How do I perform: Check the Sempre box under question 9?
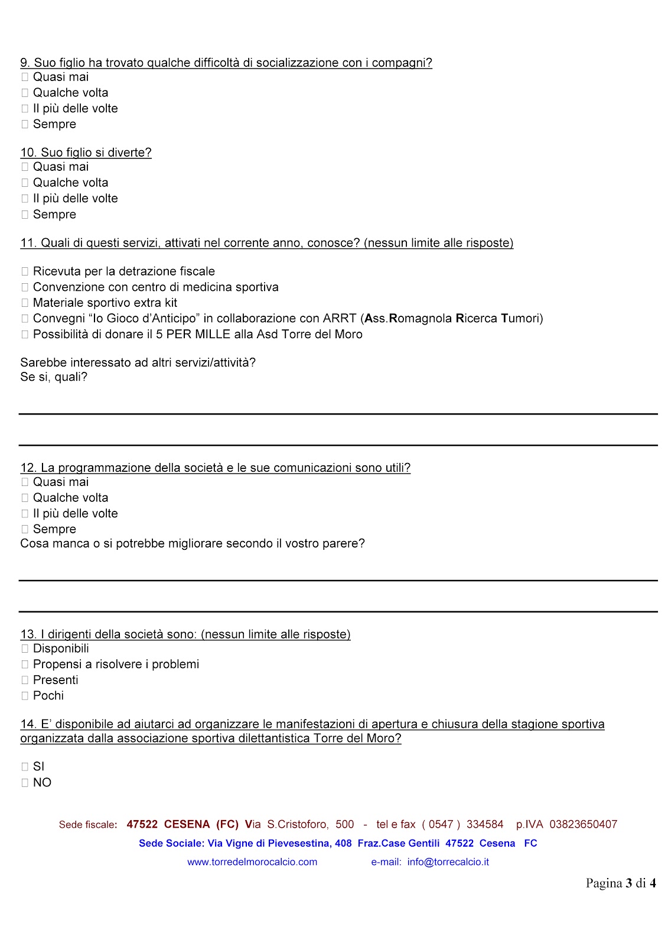pos(25,124)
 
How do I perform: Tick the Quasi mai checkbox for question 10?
pos(25,167)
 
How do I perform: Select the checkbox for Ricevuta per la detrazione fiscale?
pos(25,271)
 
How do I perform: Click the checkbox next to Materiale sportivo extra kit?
pos(25,303)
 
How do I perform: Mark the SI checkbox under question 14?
pos(25,767)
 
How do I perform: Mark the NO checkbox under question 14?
pos(25,783)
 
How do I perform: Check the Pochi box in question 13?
pos(25,696)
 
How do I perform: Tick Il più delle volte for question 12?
pos(25,514)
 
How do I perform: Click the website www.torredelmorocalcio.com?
pos(252,862)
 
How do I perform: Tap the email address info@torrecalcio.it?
pos(448,862)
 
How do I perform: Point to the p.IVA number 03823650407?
pos(583,824)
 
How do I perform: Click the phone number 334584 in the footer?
pos(485,824)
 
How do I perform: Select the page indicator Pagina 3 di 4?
pos(620,883)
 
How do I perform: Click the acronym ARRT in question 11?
pos(340,319)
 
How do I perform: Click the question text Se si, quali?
pos(54,377)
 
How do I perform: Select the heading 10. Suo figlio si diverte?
pos(86,153)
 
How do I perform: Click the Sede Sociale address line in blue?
pos(338,843)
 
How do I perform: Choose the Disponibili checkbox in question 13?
pos(25,649)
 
